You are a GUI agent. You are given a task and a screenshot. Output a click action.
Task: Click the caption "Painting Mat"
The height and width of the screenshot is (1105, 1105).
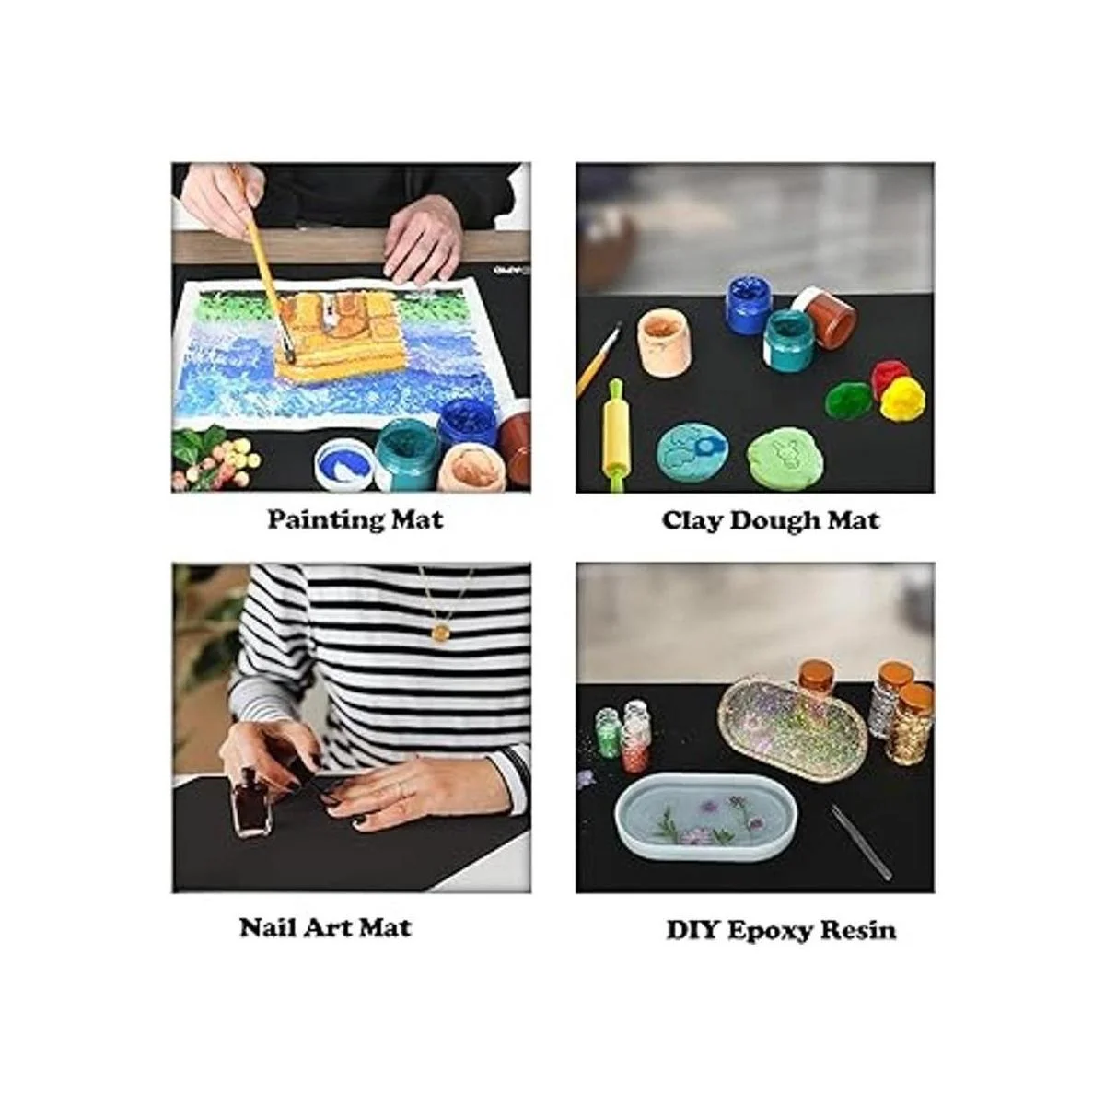point(355,520)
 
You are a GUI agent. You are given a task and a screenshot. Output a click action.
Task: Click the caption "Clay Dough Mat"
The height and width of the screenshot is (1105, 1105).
point(770,520)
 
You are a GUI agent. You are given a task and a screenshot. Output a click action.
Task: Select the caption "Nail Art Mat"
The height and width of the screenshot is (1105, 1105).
point(326,928)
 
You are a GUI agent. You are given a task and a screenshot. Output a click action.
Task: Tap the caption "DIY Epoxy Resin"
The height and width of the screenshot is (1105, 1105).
point(781,929)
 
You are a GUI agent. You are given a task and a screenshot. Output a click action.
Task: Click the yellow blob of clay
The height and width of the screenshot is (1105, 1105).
point(902,397)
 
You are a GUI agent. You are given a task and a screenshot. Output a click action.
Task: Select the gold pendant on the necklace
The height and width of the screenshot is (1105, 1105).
point(440,633)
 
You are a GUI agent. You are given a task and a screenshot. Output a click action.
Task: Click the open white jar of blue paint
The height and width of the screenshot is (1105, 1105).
point(344,464)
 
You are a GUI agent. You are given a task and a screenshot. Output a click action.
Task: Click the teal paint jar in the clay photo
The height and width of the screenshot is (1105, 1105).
point(786,340)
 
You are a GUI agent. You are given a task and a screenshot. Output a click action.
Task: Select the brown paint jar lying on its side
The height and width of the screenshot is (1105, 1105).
point(826,318)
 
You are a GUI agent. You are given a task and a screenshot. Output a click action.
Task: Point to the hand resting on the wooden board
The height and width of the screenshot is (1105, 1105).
point(423,239)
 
